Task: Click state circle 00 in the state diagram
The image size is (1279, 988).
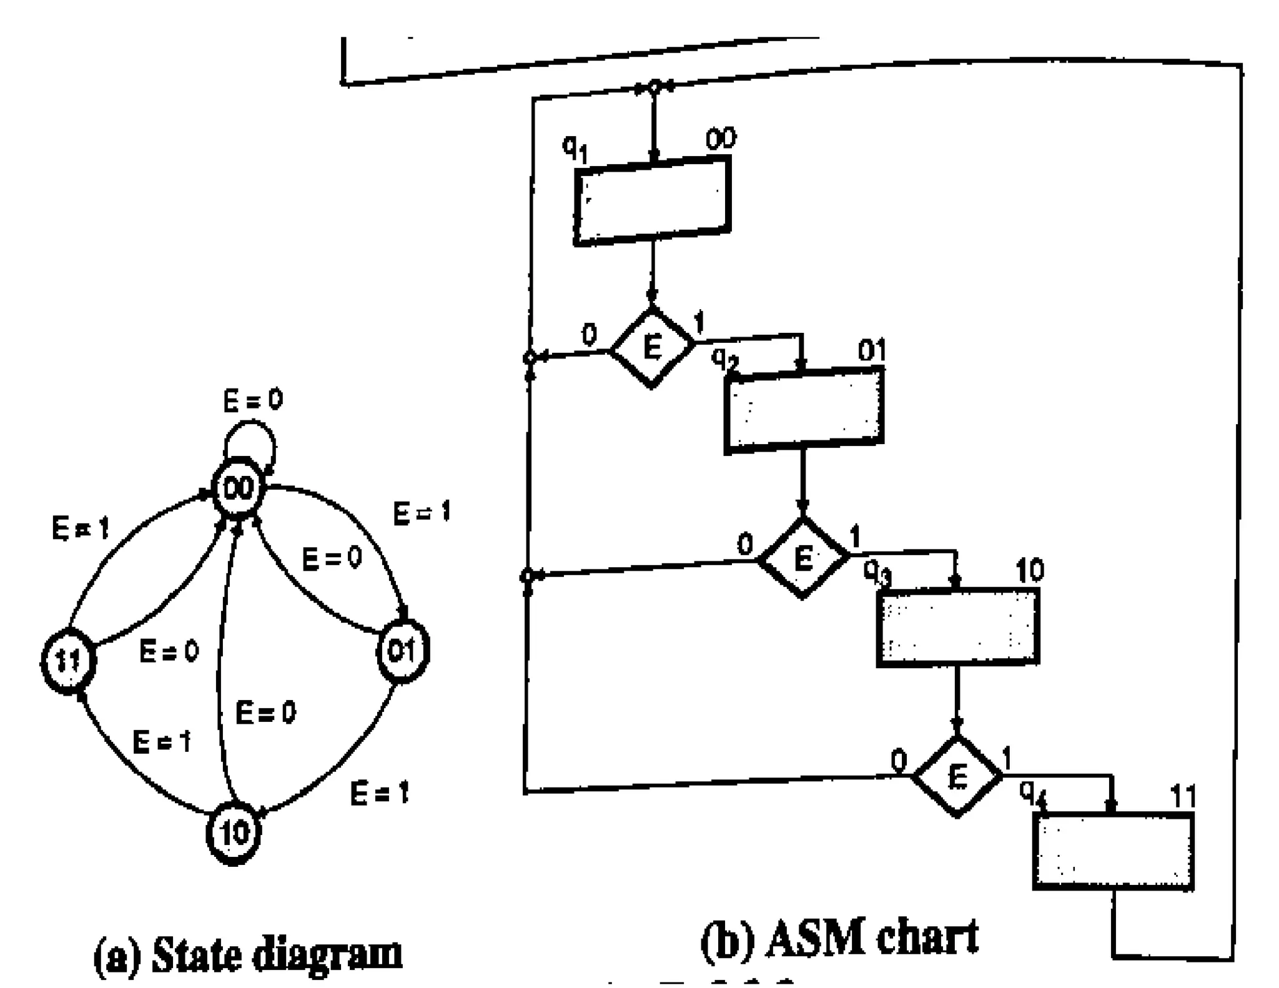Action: pos(239,488)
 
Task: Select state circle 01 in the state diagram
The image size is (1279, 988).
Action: pos(403,651)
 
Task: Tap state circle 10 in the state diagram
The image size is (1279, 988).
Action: pos(234,832)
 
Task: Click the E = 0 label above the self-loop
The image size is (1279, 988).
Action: pos(253,400)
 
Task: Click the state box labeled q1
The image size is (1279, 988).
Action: pos(652,201)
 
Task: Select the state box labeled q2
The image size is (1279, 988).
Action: pos(804,410)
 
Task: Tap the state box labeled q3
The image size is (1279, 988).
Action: pos(958,628)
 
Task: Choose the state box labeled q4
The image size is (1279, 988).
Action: pos(1113,851)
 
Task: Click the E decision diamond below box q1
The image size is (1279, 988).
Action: pos(652,347)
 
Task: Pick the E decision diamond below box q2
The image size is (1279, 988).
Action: pos(803,557)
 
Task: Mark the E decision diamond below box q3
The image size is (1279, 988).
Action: pos(957,776)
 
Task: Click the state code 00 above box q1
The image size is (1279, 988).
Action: pos(721,139)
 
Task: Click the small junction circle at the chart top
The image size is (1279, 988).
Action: pos(653,86)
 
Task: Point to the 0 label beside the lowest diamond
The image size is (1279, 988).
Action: pos(898,761)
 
